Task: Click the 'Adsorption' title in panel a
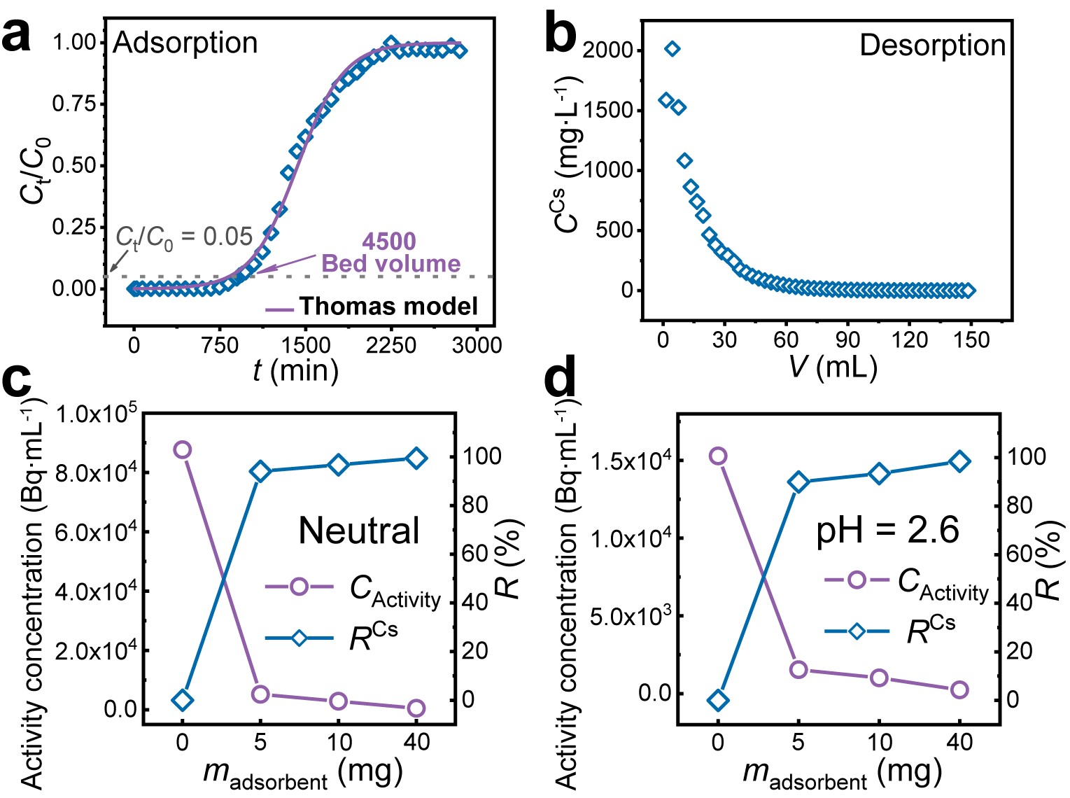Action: coord(185,43)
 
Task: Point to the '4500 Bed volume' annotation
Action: coord(390,253)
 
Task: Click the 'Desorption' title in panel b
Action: coord(932,45)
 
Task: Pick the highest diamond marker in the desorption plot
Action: coord(672,48)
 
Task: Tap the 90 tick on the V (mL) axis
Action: coord(847,341)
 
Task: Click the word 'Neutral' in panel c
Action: coord(359,531)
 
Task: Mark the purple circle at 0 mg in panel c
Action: coord(183,449)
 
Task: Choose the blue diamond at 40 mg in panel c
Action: coord(416,458)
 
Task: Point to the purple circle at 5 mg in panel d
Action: coord(798,670)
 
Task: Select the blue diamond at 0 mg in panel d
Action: coord(718,700)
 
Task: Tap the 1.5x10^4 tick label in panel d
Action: coord(632,461)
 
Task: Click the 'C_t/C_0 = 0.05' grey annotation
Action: coord(184,238)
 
